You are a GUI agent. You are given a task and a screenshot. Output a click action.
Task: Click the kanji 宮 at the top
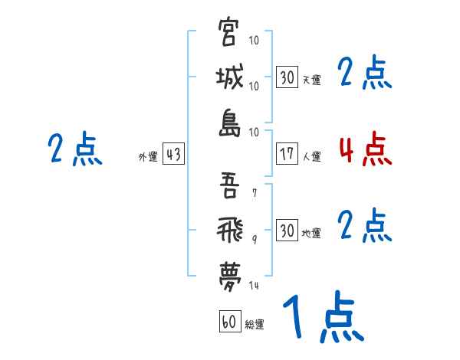click(x=229, y=34)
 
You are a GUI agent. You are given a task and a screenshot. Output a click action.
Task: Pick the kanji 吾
click(x=229, y=185)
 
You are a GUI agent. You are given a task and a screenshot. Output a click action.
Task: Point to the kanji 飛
click(x=229, y=228)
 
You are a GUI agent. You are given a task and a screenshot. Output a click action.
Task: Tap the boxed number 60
click(x=229, y=322)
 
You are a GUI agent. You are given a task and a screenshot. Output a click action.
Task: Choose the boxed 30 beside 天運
click(x=287, y=77)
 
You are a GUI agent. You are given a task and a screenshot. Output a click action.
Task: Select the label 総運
click(x=255, y=324)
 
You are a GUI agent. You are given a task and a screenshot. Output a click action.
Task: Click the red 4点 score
click(x=365, y=149)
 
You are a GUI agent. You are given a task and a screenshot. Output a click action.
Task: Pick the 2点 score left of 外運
click(x=74, y=149)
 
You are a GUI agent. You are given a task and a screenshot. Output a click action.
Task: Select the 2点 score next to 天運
click(x=365, y=73)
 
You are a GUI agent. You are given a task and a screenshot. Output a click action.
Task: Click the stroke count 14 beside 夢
click(x=255, y=285)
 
